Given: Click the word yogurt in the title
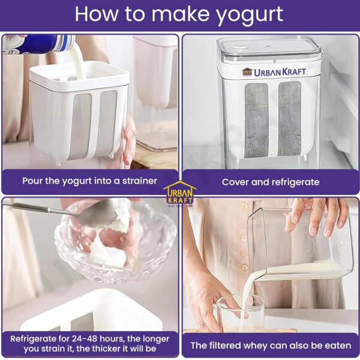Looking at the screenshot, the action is coord(250,15).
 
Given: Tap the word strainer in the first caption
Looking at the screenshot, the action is coord(140,181).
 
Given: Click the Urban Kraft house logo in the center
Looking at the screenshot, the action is coord(180,193).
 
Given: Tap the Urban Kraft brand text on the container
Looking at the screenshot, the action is coord(274,72).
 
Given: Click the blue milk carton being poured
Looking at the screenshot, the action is coord(39,43).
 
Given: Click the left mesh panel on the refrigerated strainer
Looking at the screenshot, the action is coord(256,121).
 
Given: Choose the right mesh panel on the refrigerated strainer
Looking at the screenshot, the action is coord(290,118).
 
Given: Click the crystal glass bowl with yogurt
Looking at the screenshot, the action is coord(115,240).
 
